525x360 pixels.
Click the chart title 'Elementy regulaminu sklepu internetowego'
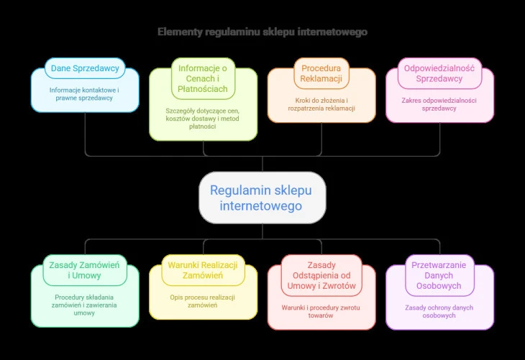(262, 32)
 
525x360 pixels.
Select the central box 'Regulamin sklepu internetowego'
(262, 198)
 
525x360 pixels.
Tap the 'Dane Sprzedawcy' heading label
(85, 69)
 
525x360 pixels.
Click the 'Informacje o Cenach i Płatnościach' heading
(203, 79)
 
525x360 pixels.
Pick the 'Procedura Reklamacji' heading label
(321, 73)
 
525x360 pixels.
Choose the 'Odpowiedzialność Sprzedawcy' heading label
(439, 73)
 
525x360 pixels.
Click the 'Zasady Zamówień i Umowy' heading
(85, 269)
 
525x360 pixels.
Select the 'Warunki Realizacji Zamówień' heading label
(203, 269)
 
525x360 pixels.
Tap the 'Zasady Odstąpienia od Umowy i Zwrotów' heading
(321, 275)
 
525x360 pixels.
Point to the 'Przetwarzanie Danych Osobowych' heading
(439, 275)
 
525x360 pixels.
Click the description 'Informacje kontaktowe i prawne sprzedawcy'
(85, 94)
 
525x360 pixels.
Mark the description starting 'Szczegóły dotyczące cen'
(203, 119)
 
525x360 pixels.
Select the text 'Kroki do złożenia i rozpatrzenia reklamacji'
(321, 104)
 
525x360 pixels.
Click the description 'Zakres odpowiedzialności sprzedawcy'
(439, 104)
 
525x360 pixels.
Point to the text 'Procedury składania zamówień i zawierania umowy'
(85, 305)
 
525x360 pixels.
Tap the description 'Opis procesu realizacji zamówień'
(203, 301)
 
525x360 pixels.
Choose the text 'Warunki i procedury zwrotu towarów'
(321, 311)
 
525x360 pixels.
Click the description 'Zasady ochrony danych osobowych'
(439, 311)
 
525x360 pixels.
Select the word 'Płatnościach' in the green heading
(203, 89)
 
